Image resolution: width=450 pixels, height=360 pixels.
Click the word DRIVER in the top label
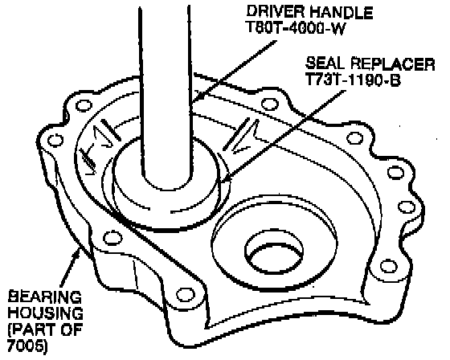tap(276, 12)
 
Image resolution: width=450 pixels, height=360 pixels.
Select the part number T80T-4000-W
tap(296, 28)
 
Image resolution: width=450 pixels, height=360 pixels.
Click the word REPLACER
tap(393, 63)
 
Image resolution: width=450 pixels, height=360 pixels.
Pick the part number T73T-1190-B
tap(353, 80)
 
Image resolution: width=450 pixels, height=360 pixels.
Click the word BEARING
tap(44, 297)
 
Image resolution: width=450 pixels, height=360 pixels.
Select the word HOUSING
tap(45, 313)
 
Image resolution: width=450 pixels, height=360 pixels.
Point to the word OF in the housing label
tap(71, 329)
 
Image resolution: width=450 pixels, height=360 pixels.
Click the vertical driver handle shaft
tap(166, 95)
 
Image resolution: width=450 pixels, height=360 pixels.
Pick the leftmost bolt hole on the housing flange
tap(55, 140)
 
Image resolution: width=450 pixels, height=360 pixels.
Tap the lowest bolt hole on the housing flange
tap(184, 295)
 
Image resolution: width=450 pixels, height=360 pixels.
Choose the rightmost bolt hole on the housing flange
tap(407, 207)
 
